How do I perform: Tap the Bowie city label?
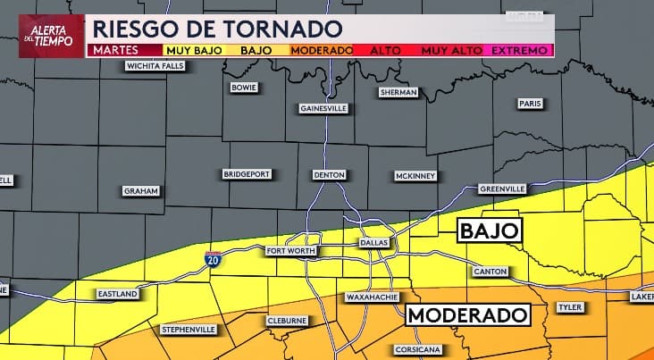click(244, 88)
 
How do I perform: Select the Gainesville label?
click(323, 108)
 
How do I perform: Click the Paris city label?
click(530, 104)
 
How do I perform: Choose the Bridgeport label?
click(247, 174)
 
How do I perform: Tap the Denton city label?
click(330, 175)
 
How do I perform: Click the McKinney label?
click(415, 176)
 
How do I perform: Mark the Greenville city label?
click(502, 189)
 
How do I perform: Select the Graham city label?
click(141, 191)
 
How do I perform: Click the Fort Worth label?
click(290, 251)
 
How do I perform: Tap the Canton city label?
click(490, 271)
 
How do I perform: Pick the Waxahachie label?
click(371, 297)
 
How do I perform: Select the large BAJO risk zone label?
click(489, 231)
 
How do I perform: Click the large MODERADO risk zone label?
click(466, 315)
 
